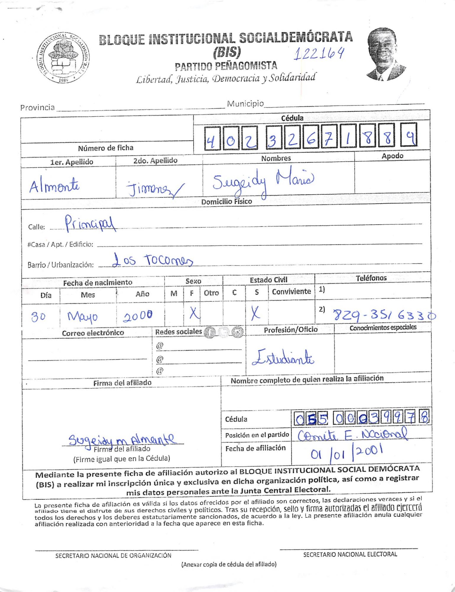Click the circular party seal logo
coord(63,58)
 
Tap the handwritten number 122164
coord(319,54)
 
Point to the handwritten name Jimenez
coord(155,189)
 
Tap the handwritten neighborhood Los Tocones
coord(153,260)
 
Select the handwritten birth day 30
coord(39,317)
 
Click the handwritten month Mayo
coord(83,317)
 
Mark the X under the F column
coord(194,313)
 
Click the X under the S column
coord(255,313)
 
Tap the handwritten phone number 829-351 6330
coord(384,316)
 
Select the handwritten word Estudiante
coord(283,358)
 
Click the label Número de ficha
coord(106,148)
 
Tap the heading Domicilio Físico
coord(226,202)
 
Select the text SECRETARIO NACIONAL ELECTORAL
coord(350,554)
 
